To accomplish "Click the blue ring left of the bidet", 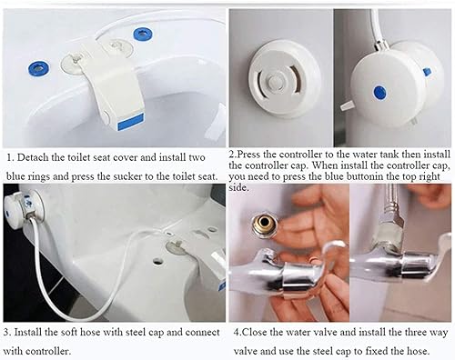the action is [38, 68].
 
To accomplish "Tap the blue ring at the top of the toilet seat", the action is [143, 34].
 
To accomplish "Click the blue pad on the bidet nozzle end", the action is [131, 123].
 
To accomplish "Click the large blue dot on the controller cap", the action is [379, 92].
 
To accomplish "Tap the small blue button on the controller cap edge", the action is [427, 72].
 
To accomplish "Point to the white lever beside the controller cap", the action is [348, 105].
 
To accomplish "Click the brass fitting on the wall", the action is [263, 225].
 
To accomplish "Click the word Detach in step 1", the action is [33, 157].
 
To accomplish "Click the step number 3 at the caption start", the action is [6, 332].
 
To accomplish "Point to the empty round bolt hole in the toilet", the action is [157, 260].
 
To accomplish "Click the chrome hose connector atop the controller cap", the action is [380, 45].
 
